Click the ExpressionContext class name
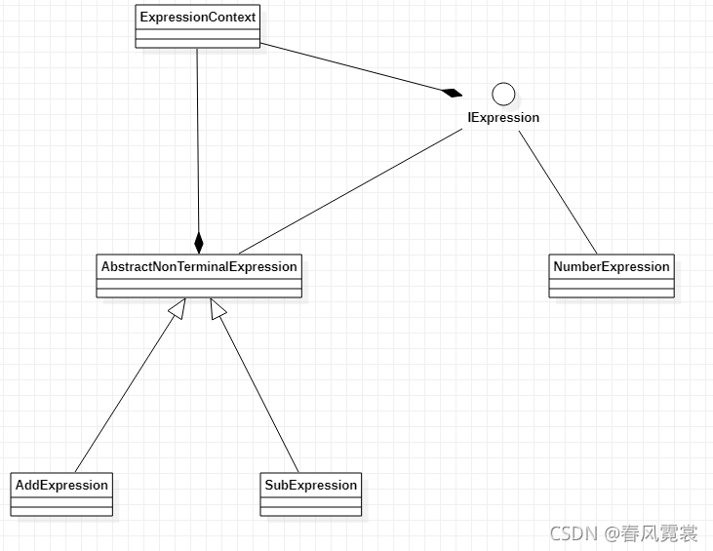[197, 17]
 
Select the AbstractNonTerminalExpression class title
[199, 266]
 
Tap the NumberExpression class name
[612, 266]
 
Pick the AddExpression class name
[62, 485]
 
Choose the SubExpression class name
[311, 485]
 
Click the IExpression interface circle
[503, 94]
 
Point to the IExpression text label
[503, 118]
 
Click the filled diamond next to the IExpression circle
[451, 93]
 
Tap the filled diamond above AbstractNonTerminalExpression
[199, 243]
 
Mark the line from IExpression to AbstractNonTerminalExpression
[351, 190]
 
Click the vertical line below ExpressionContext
[198, 137]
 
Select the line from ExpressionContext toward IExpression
[351, 67]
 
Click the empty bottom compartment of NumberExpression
[612, 291]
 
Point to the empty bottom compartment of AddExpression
[62, 509]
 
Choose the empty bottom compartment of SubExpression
[311, 509]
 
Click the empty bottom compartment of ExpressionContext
[197, 41]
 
